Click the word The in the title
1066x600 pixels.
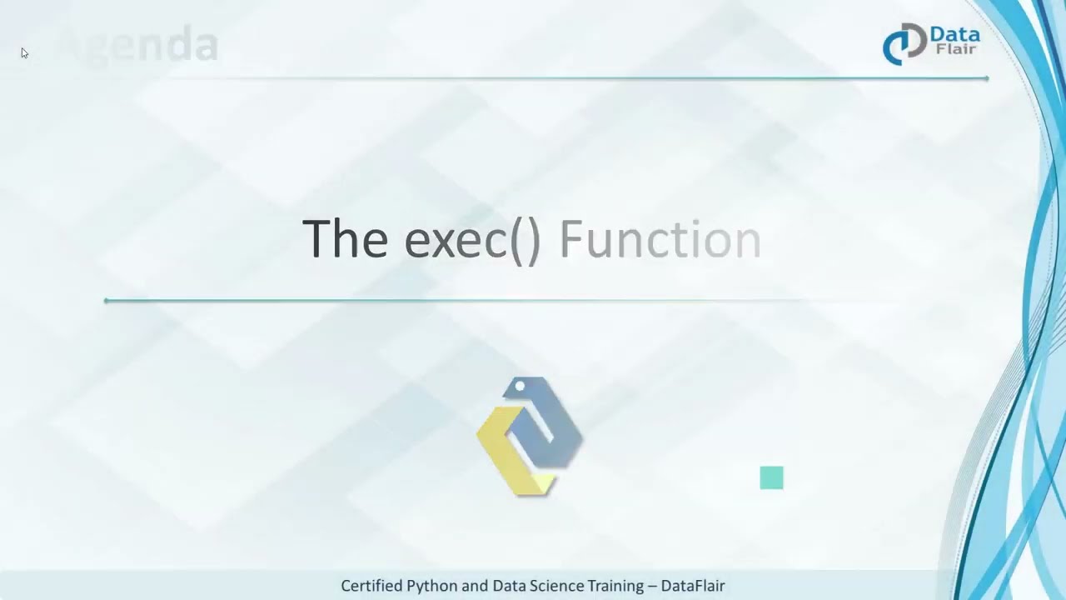[x=345, y=239]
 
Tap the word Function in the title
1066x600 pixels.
[x=660, y=240]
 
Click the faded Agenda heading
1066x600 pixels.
[x=138, y=45]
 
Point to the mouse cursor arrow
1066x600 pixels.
[x=24, y=53]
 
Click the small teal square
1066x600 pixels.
[x=771, y=477]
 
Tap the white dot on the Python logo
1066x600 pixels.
[x=521, y=386]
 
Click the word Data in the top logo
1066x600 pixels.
[x=954, y=35]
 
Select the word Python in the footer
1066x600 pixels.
[x=432, y=586]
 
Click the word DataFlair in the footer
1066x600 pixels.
[x=693, y=586]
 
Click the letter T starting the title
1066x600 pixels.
[x=317, y=239]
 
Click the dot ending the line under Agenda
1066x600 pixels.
[x=986, y=78]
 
